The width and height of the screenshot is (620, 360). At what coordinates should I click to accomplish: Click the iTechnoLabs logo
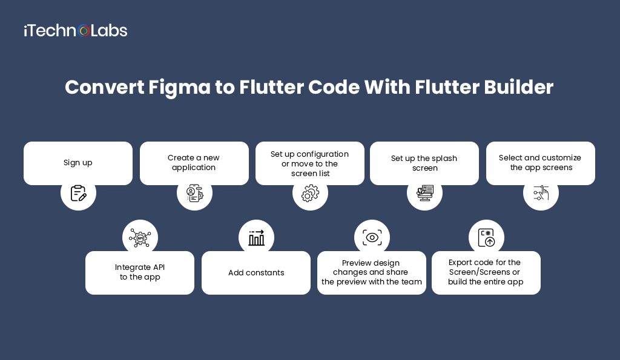click(75, 30)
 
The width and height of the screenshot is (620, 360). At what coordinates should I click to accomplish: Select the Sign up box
click(78, 163)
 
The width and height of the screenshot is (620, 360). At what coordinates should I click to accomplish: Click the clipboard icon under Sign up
click(78, 193)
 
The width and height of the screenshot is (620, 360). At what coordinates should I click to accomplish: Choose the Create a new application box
click(194, 163)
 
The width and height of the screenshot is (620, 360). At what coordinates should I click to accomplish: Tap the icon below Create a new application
click(194, 193)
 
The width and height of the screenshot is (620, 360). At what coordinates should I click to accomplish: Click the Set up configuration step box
click(309, 163)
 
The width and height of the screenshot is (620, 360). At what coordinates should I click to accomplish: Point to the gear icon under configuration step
click(310, 194)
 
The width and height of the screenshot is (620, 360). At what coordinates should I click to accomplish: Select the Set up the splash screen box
click(424, 163)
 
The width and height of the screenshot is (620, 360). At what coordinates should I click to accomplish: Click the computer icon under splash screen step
click(425, 194)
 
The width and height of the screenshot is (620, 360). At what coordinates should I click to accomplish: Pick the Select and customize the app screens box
click(541, 163)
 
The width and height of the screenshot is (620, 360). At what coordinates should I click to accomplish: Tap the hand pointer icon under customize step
click(541, 193)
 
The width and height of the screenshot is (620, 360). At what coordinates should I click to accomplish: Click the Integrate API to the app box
click(140, 273)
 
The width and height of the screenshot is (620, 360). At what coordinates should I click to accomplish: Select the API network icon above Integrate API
click(140, 238)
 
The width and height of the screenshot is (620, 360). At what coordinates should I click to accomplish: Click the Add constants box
click(256, 273)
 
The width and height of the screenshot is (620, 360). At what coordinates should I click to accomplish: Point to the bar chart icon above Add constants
click(256, 238)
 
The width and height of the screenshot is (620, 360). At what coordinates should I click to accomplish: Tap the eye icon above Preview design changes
click(372, 238)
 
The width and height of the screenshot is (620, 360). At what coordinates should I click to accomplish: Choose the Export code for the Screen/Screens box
click(486, 273)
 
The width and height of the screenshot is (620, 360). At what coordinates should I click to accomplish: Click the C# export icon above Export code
click(486, 238)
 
